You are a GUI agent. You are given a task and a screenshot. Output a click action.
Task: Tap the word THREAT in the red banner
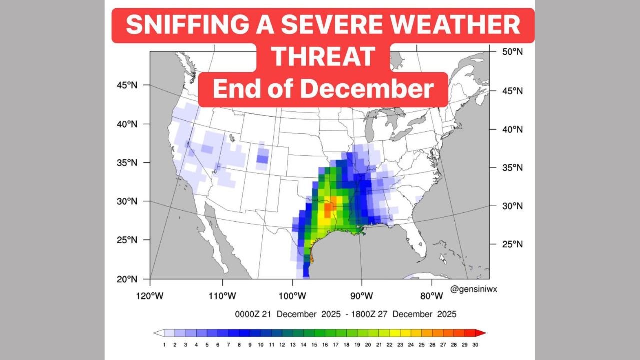(323, 57)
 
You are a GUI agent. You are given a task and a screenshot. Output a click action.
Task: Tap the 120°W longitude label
(150, 296)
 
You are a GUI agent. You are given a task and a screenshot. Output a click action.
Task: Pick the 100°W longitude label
(292, 296)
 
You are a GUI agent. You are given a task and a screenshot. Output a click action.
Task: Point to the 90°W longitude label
(361, 296)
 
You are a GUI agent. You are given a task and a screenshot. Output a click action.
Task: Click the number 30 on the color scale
(475, 345)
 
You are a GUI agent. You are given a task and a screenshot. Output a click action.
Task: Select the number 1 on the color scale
(164, 345)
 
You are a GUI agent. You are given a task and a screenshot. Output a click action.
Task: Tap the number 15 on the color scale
(314, 345)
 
